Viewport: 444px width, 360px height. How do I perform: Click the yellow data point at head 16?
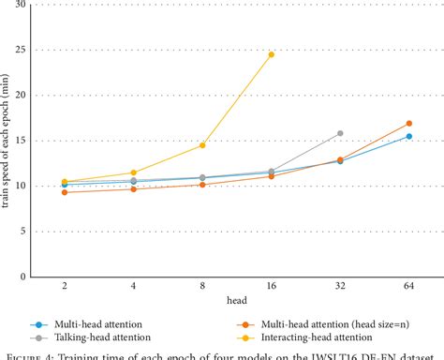tap(271, 54)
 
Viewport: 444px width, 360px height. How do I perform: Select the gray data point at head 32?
tap(339, 134)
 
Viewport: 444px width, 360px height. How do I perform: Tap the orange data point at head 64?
tap(408, 124)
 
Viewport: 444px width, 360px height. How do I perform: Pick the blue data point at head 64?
tap(408, 136)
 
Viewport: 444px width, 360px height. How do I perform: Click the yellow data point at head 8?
tap(202, 145)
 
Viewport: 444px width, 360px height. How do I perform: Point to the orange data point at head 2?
tap(64, 192)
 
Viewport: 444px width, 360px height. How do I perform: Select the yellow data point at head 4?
tap(133, 172)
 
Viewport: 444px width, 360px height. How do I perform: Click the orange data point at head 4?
tap(133, 189)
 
